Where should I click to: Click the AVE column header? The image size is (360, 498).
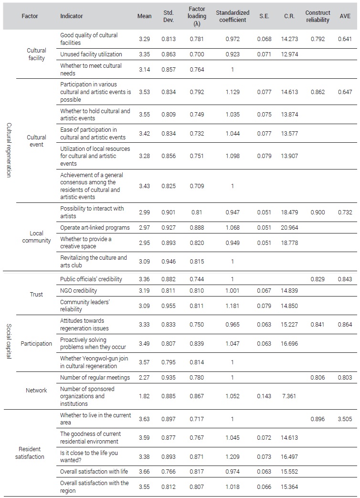point(345,16)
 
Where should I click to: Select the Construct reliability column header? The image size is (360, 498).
point(318,16)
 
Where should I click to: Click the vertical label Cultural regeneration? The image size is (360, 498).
point(9,149)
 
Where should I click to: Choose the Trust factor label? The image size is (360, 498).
point(37,294)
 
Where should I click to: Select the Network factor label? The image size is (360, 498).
point(37,391)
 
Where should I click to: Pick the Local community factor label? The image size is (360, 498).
point(37,237)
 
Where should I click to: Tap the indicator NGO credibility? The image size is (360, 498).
point(78,290)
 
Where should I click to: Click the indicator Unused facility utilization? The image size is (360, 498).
point(91,54)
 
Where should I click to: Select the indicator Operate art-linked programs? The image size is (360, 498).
point(95,228)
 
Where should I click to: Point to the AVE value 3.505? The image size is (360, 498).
point(345,419)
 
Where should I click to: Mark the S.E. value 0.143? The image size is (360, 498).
point(264,396)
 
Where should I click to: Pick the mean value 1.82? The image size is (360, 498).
point(144,396)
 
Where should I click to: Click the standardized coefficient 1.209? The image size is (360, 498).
point(233,457)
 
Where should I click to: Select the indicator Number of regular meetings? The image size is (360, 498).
point(95,378)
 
